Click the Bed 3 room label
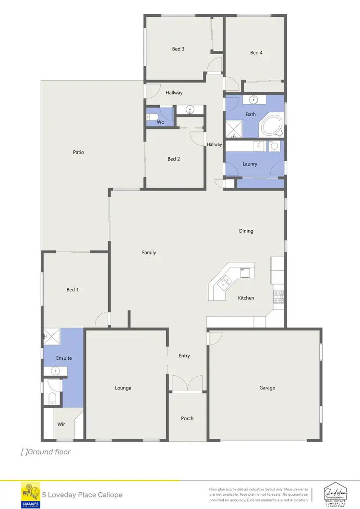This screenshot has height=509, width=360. [x=178, y=49]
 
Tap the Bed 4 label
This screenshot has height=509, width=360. [x=256, y=53]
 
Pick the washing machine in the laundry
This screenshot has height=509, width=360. [x=274, y=146]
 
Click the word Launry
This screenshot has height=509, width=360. [x=250, y=164]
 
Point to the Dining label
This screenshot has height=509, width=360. [x=246, y=231]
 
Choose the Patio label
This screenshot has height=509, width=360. [x=79, y=153]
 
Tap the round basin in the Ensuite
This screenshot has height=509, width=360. [x=54, y=371]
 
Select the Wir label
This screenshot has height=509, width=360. [x=61, y=425]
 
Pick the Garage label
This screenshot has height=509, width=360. [x=267, y=388]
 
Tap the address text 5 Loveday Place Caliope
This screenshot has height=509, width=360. [x=82, y=495]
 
